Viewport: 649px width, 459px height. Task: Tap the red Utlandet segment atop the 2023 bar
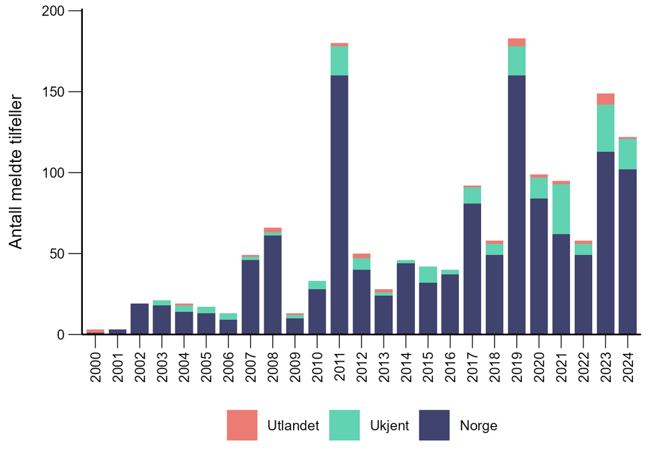(x=605, y=99)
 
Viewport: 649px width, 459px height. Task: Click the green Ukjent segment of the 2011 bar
(x=339, y=61)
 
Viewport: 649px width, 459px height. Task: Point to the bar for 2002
(x=140, y=318)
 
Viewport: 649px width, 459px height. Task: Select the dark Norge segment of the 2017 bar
(x=472, y=268)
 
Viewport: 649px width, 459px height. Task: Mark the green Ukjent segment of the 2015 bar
(x=428, y=274)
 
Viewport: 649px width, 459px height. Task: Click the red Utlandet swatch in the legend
(x=242, y=425)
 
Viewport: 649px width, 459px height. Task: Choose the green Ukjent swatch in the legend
(x=345, y=425)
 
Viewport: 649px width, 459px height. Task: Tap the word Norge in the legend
(x=478, y=426)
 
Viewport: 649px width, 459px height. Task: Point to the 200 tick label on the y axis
(x=55, y=11)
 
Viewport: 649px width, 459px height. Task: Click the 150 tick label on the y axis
(x=55, y=92)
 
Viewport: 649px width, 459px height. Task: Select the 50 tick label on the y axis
(x=59, y=254)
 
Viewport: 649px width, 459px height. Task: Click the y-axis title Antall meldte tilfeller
(x=17, y=172)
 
